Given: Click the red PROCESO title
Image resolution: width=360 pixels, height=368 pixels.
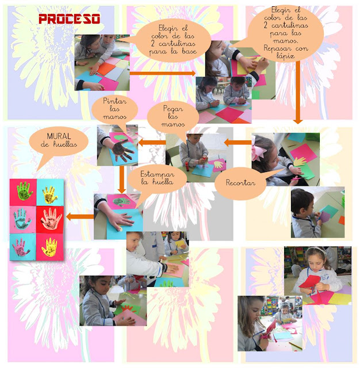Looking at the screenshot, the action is (x=69, y=19).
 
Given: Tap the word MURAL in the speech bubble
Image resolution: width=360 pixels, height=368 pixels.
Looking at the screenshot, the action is (x=59, y=136).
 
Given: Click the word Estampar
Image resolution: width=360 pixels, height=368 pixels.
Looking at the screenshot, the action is (x=157, y=174).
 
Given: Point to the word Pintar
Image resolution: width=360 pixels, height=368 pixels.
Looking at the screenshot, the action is (x=115, y=101).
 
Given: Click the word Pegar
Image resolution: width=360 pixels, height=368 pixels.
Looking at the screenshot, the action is (x=173, y=109).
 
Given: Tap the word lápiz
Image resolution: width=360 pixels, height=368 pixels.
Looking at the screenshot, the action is (x=285, y=56).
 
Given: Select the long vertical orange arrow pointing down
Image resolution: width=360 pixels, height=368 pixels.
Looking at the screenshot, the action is (x=298, y=92).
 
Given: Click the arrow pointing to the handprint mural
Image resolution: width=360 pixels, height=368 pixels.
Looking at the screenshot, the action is (x=80, y=217).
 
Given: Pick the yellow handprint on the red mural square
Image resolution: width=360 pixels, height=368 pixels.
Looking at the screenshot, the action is (x=49, y=247).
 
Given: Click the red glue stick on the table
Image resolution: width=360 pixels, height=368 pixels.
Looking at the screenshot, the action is (x=187, y=166).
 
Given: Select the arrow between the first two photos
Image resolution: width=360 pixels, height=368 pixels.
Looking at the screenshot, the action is (x=163, y=73).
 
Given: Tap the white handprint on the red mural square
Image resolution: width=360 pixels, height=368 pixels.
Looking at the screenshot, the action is (x=51, y=219).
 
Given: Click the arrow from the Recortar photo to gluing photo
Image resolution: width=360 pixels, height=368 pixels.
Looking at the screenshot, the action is (x=238, y=142).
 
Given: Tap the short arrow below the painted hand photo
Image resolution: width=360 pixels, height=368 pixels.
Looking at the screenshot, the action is (x=121, y=179).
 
